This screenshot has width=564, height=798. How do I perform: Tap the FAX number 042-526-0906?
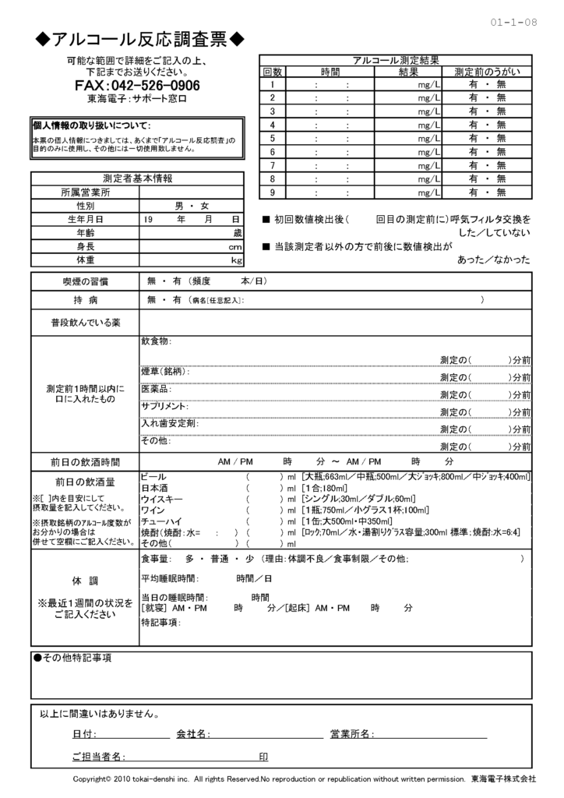coord(137,85)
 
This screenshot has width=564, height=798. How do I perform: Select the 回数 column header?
coord(272,72)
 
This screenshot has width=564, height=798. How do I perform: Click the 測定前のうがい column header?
coord(487,72)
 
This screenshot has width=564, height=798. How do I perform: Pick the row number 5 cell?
coord(272,139)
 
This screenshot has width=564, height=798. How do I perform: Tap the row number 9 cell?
coord(272,192)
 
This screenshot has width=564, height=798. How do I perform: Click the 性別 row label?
coord(85,206)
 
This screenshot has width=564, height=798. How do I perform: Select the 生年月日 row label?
coord(85,219)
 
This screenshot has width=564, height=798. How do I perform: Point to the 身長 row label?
coord(85,246)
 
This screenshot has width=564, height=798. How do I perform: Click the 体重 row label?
coord(85,260)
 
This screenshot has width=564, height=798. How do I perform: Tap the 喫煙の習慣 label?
coord(85,281)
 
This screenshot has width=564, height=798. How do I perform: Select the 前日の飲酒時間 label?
coord(85,461)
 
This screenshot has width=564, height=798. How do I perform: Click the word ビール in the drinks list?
coord(153,476)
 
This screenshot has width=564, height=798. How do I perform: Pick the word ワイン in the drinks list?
coord(153,510)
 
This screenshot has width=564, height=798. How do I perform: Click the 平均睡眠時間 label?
coord(169,579)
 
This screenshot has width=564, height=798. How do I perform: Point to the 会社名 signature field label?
coord(192,734)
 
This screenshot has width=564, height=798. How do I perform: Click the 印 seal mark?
coord(263,757)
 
